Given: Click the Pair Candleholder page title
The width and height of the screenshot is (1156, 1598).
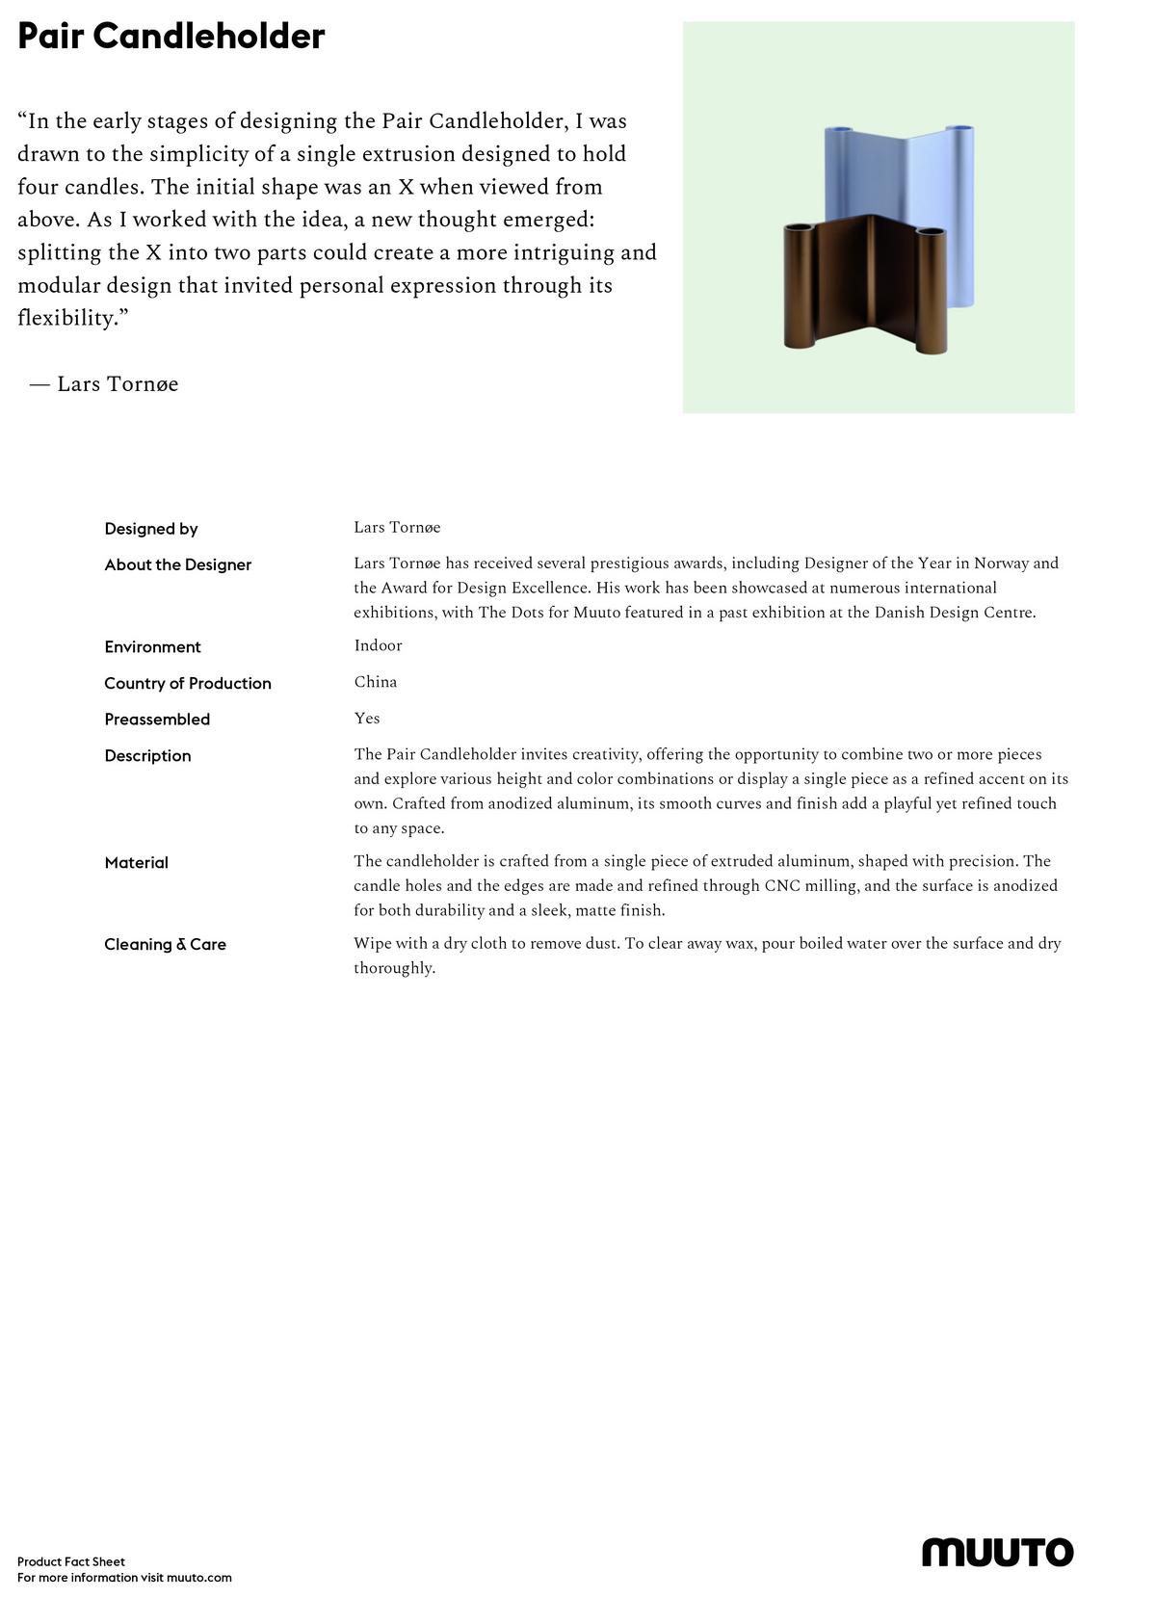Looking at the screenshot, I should click(171, 37).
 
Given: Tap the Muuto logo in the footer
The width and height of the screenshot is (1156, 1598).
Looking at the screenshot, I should click(997, 1552).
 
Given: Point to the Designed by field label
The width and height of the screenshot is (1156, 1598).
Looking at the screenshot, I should click(151, 529).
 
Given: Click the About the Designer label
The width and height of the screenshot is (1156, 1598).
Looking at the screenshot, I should click(177, 564).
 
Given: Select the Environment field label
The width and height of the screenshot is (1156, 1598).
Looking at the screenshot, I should click(152, 647).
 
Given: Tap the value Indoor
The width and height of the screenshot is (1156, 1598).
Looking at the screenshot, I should click(378, 645).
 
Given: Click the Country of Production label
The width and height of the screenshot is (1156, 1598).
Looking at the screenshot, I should click(188, 683).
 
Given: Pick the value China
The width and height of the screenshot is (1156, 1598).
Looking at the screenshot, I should click(376, 682).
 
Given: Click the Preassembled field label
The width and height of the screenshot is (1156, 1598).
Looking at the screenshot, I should click(157, 720).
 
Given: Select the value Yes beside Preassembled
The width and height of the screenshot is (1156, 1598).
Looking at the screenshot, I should click(367, 719).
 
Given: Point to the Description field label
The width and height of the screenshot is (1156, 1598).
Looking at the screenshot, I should click(147, 756).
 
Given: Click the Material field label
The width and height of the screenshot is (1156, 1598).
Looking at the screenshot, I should click(136, 863).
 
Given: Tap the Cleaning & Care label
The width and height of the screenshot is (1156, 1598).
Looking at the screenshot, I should click(165, 945).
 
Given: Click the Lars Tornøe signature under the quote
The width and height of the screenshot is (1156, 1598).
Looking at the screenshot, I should click(117, 384).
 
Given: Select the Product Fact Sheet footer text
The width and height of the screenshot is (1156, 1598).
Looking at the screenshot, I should click(71, 1561).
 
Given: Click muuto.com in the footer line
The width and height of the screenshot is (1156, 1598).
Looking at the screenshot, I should click(199, 1578).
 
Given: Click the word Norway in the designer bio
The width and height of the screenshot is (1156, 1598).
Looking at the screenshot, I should click(1001, 563).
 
